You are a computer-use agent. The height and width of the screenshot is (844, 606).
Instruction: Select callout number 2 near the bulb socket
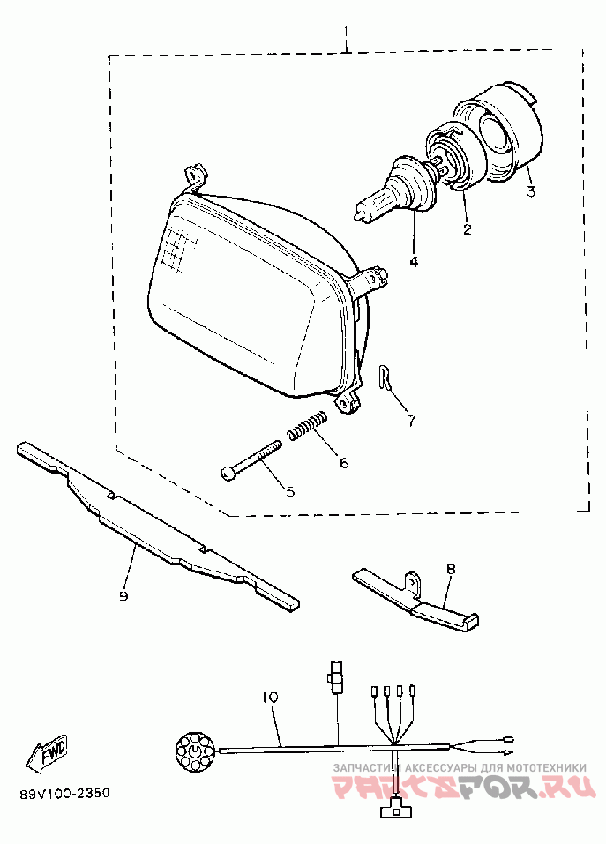tap(468, 231)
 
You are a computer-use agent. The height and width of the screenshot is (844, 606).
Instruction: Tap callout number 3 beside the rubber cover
tap(530, 191)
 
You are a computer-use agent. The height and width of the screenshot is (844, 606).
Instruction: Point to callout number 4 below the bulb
tap(413, 261)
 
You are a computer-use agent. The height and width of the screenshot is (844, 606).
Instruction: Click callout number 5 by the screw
tap(288, 490)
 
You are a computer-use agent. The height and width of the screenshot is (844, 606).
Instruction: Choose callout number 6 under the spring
tap(343, 462)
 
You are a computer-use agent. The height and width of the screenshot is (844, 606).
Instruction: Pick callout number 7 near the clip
tap(411, 421)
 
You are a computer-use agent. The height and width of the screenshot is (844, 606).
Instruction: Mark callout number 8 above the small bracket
tap(450, 570)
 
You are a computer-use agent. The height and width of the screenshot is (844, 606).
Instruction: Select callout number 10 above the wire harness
tap(270, 698)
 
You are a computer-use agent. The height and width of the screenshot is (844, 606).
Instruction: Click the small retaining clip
tap(384, 378)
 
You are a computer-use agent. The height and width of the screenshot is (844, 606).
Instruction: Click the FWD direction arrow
tap(49, 751)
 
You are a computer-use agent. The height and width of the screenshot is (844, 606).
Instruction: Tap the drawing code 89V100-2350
tap(64, 794)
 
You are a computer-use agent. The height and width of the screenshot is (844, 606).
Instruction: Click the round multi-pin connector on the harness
tap(192, 751)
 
